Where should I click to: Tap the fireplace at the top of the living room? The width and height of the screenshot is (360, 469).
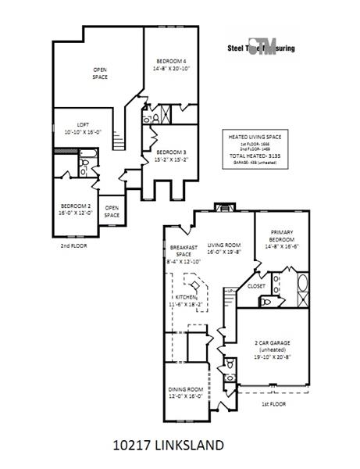[223, 209]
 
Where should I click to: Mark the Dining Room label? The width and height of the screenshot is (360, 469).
[186, 392]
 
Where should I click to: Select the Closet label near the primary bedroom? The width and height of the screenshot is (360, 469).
[256, 286]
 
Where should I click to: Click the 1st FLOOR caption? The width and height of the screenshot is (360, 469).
[273, 405]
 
